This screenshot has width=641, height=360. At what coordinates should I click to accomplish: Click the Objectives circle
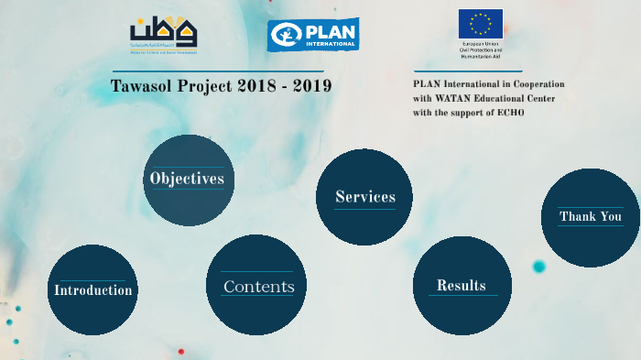point(189,180)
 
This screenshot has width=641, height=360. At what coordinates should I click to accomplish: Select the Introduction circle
point(92,289)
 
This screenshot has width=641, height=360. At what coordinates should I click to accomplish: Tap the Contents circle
point(256,285)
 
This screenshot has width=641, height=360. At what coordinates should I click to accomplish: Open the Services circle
point(364,197)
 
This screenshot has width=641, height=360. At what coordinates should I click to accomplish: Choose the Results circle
point(462,285)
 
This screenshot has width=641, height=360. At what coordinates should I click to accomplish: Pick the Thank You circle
point(591,217)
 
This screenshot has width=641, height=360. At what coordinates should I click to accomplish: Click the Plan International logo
point(313,35)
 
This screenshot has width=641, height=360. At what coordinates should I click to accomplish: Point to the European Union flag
point(481,23)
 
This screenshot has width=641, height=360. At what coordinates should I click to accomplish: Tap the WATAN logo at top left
point(164,35)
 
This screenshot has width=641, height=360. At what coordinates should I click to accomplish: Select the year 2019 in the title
point(310,86)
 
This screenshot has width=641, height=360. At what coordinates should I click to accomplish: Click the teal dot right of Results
point(538,267)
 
